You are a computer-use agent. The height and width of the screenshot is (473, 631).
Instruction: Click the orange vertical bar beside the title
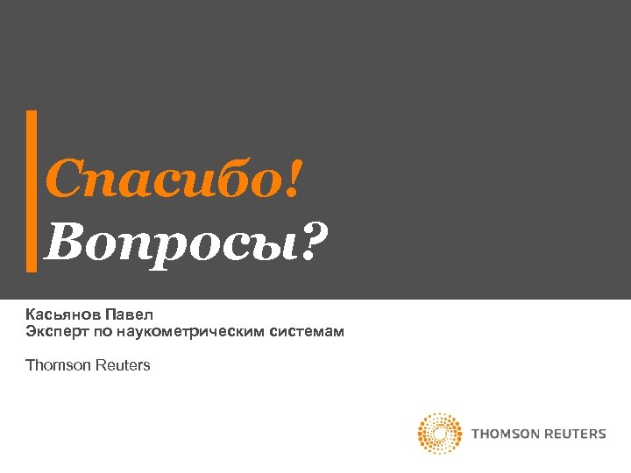point(32,190)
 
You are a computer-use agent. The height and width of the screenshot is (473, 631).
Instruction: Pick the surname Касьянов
point(63,313)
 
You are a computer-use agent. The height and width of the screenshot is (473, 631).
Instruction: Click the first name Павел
point(130,313)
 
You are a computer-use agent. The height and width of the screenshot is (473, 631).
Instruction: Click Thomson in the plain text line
point(58,365)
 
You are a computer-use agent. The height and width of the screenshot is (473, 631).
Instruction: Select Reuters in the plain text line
point(122,365)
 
